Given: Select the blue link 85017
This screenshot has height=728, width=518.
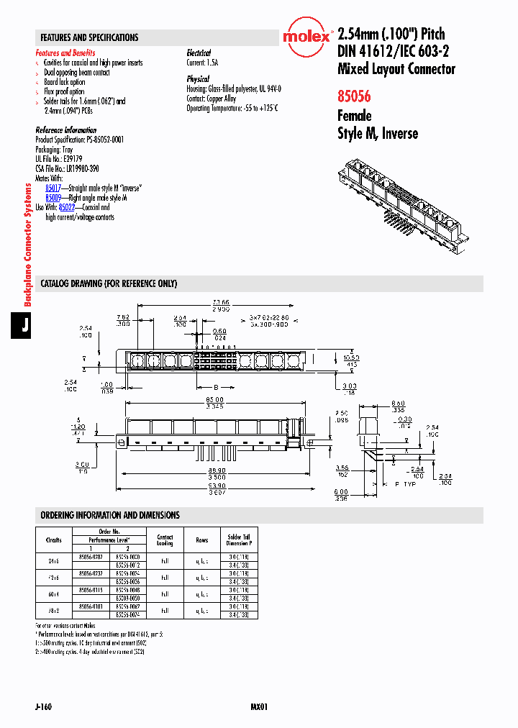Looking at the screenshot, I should point(53,187).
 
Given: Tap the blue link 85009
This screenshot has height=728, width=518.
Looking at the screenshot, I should point(53,197).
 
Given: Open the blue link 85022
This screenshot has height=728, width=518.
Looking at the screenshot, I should point(67,207).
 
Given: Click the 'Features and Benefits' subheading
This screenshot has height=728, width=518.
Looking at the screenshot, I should point(65,53).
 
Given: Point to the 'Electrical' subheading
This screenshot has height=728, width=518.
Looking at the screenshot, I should point(199,53).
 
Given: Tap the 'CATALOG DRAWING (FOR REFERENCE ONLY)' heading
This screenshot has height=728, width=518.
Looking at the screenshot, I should point(109,283).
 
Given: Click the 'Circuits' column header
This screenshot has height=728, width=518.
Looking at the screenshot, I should point(53,540).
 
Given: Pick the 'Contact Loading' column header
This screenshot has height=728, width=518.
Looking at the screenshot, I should point(165,540).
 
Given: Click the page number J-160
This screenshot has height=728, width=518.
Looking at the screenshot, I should point(42,707).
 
